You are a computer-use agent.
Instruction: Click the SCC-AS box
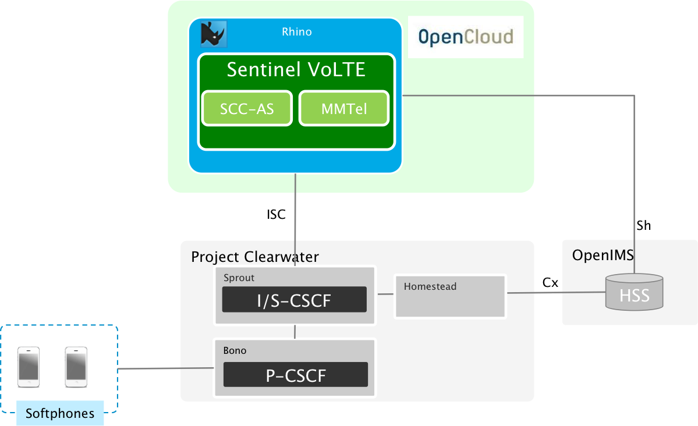click(x=247, y=108)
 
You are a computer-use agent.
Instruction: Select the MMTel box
click(x=344, y=108)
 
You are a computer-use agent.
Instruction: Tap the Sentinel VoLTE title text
click(x=296, y=70)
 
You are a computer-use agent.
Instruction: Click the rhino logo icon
click(x=213, y=34)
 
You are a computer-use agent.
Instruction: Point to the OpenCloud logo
click(x=466, y=37)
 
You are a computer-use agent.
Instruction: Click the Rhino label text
click(x=296, y=32)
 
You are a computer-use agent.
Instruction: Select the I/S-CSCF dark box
click(x=295, y=300)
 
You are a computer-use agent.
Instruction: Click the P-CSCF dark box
click(x=296, y=375)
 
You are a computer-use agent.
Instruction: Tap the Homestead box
click(x=450, y=296)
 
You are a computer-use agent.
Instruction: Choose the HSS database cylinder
click(x=634, y=292)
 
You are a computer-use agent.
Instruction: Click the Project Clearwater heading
click(x=255, y=257)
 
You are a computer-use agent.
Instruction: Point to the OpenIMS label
click(x=603, y=255)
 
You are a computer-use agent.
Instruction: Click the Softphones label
click(x=60, y=413)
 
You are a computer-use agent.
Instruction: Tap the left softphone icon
click(x=29, y=367)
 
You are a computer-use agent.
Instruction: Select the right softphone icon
click(x=76, y=367)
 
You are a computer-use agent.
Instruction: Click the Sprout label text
click(x=239, y=278)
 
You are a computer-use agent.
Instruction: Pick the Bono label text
click(x=235, y=350)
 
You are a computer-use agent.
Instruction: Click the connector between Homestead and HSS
click(x=556, y=292)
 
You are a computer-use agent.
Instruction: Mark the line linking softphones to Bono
click(x=166, y=368)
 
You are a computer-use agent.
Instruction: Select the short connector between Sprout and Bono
click(x=295, y=332)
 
